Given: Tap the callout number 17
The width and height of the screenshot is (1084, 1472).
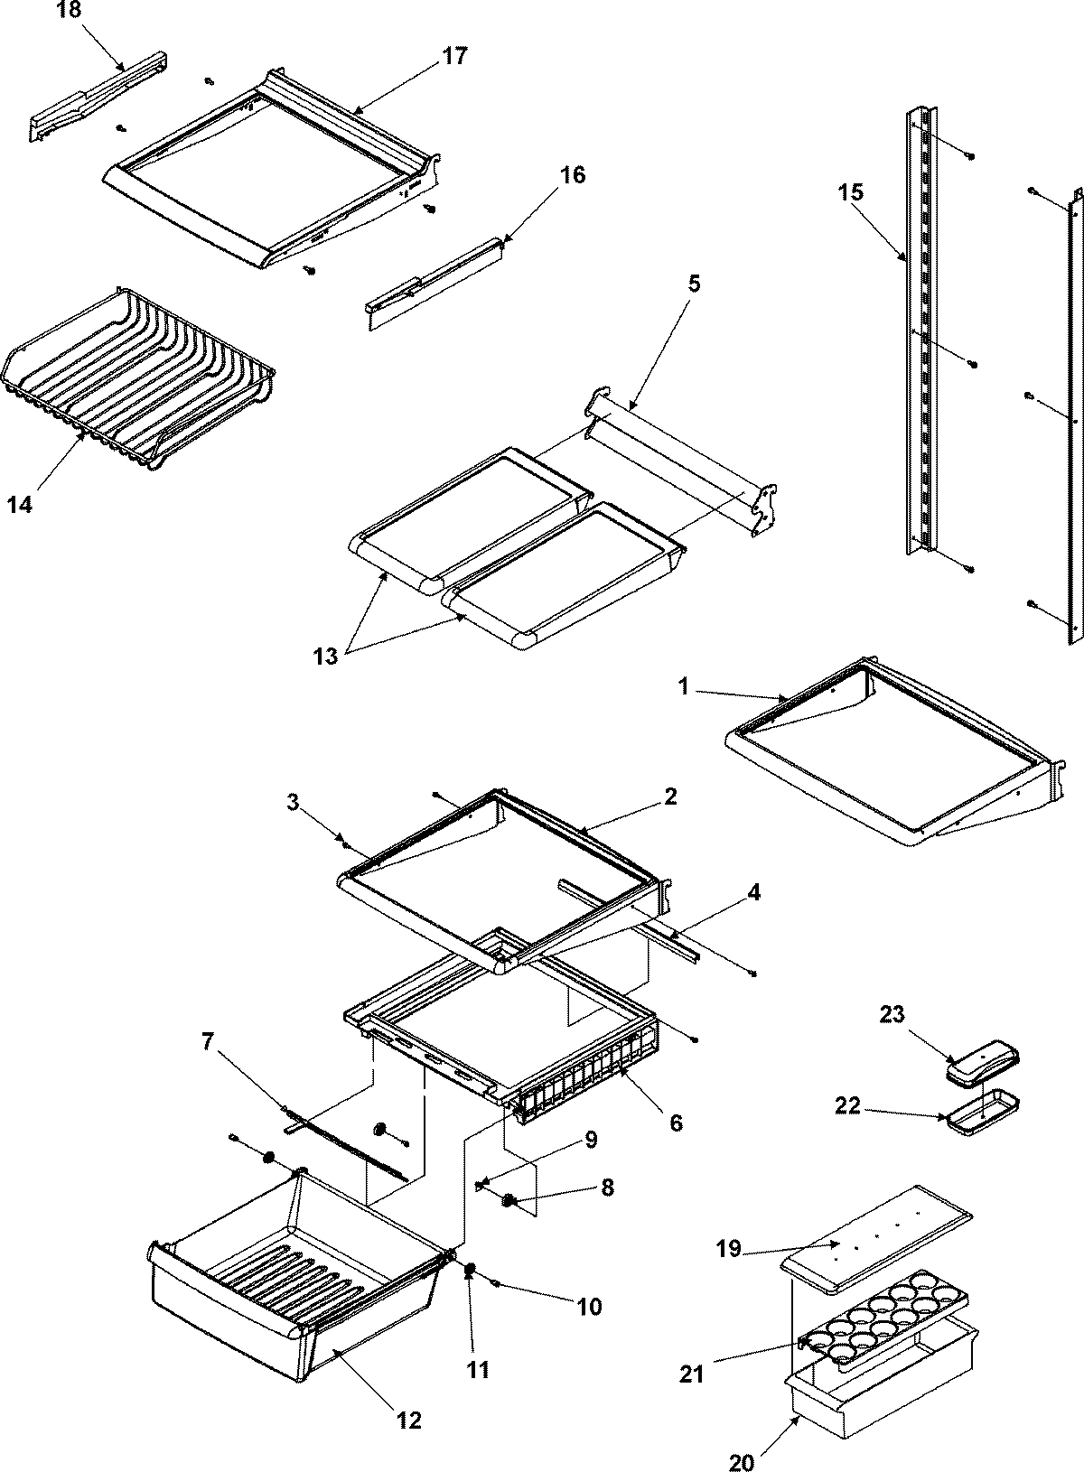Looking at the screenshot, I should tap(455, 56).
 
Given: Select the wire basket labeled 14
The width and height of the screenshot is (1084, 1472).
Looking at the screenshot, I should tap(135, 379).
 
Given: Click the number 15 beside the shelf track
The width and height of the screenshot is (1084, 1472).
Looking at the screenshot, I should tap(850, 192).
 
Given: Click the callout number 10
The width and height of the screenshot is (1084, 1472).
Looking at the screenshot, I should tap(589, 1307).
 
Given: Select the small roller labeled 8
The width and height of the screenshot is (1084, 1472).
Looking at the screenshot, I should tap(509, 1199).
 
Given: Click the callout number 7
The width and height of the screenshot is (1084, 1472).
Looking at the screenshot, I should tap(208, 1042).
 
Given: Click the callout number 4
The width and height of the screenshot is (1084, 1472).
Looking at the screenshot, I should tap(753, 893).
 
